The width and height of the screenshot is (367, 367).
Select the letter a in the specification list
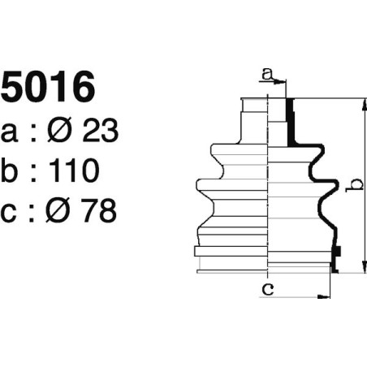[11, 132]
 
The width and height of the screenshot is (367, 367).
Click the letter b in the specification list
[11, 171]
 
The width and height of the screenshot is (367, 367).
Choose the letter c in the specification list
[11, 212]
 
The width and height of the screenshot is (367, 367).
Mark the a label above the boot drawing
[266, 75]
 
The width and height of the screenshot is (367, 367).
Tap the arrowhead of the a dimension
[283, 81]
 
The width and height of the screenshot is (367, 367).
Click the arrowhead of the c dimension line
[326, 296]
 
